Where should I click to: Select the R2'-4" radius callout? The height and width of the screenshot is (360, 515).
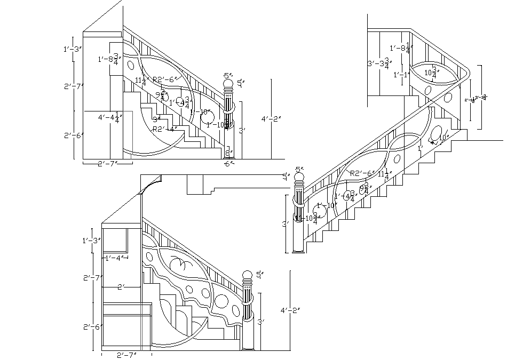pyautogui.click(x=164, y=129)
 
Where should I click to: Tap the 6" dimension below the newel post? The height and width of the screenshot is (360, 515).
pyautogui.click(x=229, y=164)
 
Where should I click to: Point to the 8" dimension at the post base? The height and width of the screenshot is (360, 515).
pyautogui.click(x=228, y=153)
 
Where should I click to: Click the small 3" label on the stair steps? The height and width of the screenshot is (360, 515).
pyautogui.click(x=156, y=119)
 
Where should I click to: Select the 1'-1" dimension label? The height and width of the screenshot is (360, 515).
pyautogui.click(x=402, y=75)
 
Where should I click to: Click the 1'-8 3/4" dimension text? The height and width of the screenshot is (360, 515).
pyautogui.click(x=110, y=59)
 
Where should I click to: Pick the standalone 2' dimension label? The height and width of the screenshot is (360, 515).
pyautogui.click(x=121, y=287)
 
